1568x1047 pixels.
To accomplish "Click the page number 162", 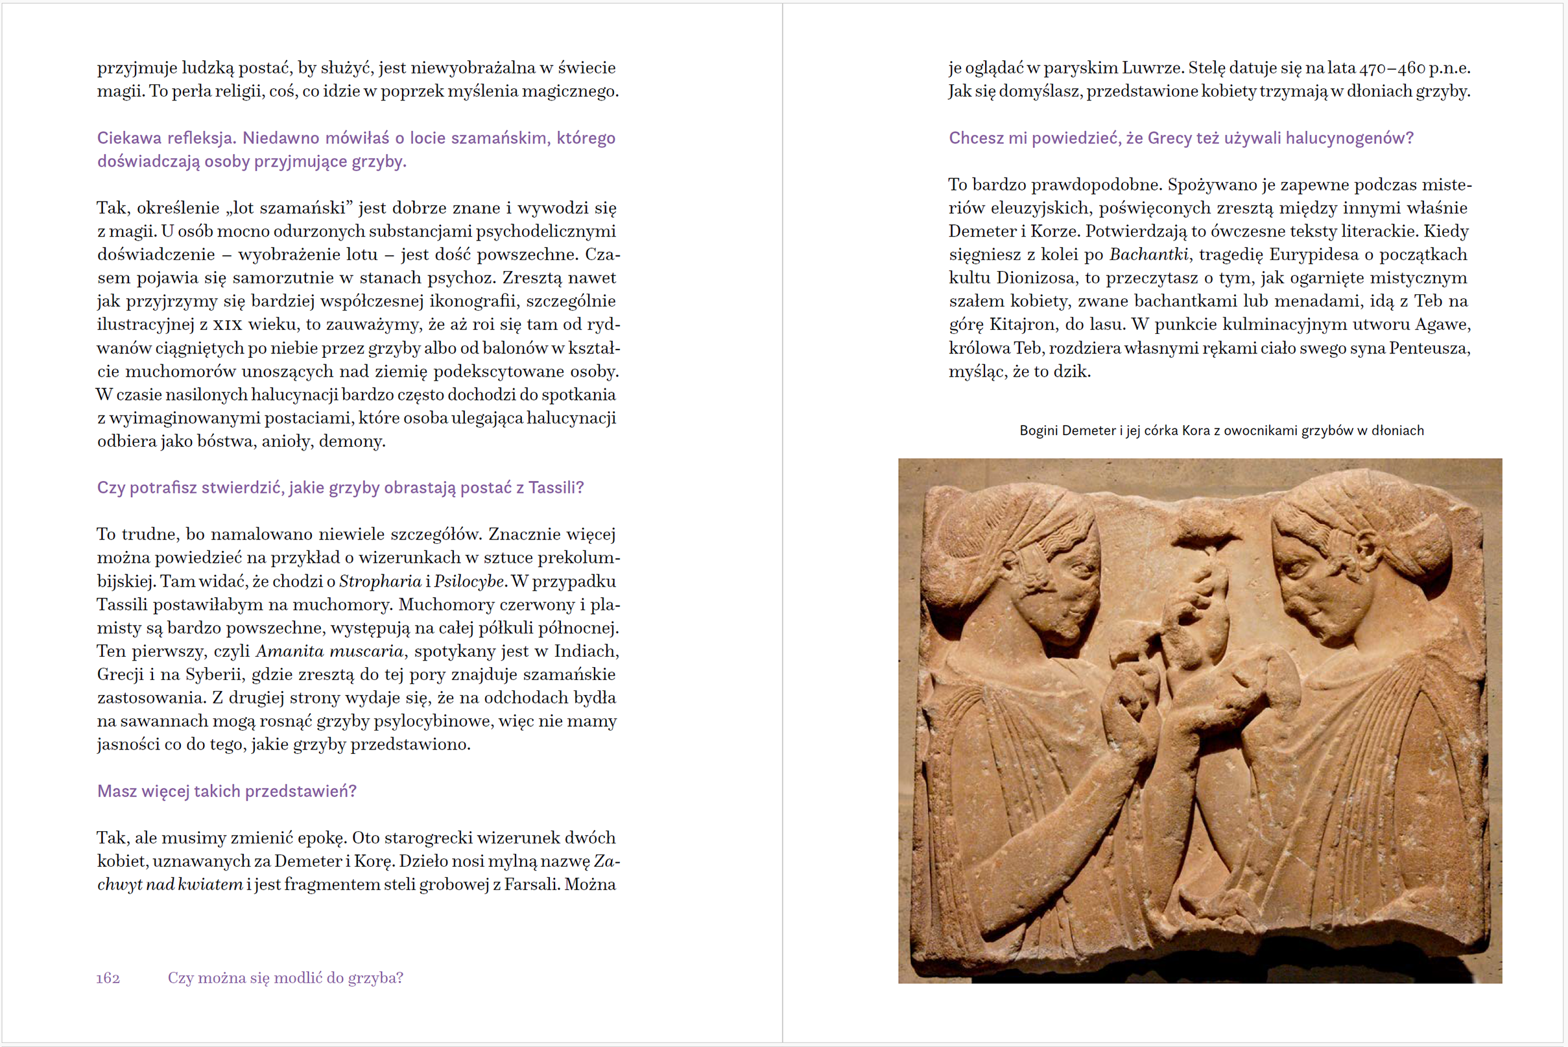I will pos(108,978).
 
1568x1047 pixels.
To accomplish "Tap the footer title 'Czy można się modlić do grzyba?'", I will pos(285,978).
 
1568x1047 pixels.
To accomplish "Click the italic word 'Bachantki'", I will pos(1148,254).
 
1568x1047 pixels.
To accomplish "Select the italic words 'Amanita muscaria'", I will pos(330,651).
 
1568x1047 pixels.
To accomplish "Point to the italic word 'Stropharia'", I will pos(380,581).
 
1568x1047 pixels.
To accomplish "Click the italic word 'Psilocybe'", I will pos(469,581).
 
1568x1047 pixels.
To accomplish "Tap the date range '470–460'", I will pos(1392,68).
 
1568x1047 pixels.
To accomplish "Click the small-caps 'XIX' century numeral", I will pos(227,325).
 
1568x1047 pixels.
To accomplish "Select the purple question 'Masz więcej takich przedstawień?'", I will pos(227,792).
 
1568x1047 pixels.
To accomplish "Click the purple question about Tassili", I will pos(340,488).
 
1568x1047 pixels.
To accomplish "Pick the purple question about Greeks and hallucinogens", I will pos(1181,138).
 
